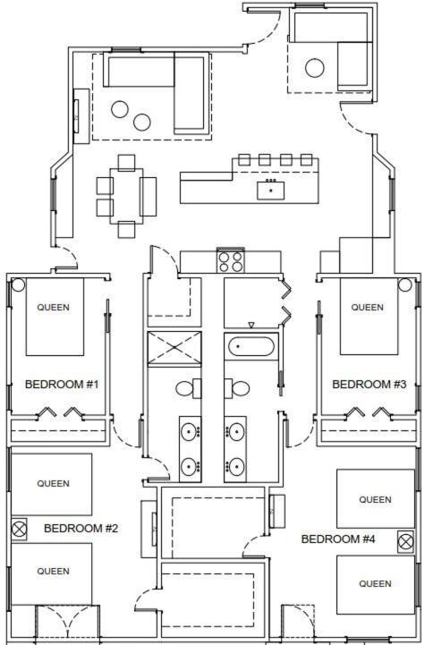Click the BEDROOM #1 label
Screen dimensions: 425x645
(62, 384)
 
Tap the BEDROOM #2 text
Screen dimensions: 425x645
(81, 528)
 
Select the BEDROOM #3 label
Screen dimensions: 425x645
(369, 384)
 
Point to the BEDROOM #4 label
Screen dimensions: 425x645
(338, 539)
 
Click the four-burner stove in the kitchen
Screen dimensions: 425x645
(231, 261)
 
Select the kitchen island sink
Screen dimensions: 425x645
(271, 191)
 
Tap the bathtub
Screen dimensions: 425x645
(251, 347)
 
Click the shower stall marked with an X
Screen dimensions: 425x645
(174, 348)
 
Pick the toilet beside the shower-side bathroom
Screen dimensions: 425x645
(189, 388)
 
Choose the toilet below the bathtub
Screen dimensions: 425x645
(237, 388)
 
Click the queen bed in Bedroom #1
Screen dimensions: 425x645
(55, 317)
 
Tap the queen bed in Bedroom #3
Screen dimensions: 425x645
(369, 316)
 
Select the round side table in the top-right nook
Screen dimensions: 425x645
(315, 68)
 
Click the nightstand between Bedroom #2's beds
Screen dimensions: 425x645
(20, 529)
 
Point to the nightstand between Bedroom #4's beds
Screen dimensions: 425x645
(405, 542)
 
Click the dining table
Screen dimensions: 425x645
(126, 196)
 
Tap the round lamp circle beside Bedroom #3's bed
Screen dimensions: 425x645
(404, 284)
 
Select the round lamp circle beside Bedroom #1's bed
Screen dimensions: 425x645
(18, 284)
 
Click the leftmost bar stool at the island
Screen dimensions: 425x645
(244, 160)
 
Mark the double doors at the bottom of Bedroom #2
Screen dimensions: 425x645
(67, 624)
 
